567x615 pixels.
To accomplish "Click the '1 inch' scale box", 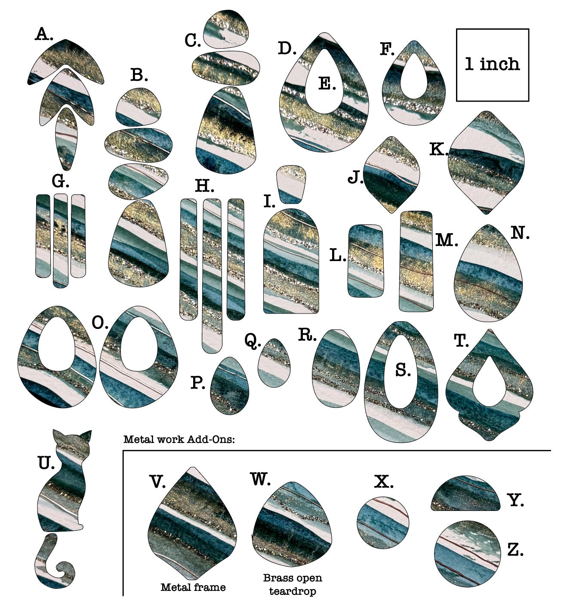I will coord(492,65).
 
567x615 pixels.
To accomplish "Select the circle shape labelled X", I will coord(383,523).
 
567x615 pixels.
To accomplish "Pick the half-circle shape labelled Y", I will coord(466,497).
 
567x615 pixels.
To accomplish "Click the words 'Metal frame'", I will coord(193,587).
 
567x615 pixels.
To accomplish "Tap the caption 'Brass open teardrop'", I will coord(293,584).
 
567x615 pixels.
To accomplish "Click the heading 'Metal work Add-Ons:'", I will coord(179,440).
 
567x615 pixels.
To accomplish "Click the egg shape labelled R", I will coord(336,368).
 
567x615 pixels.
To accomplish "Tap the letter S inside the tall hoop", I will coord(403,370).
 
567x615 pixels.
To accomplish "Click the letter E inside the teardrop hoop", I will coord(327,84).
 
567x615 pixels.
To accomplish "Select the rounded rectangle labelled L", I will coord(365,261).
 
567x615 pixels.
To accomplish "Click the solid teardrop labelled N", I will coord(488,275).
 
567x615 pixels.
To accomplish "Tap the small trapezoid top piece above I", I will coord(292,184).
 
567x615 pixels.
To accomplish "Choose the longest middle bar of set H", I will coord(212,275).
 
